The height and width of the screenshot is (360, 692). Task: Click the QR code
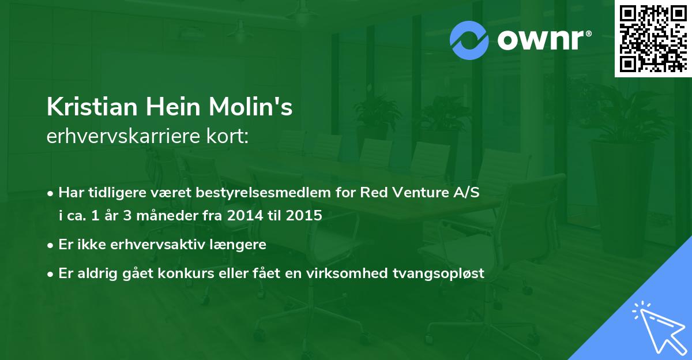click(653, 38)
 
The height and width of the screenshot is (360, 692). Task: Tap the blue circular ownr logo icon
click(469, 40)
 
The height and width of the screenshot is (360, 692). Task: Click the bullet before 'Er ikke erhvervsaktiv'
click(51, 245)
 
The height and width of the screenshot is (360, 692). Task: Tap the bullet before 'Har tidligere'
click(51, 193)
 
